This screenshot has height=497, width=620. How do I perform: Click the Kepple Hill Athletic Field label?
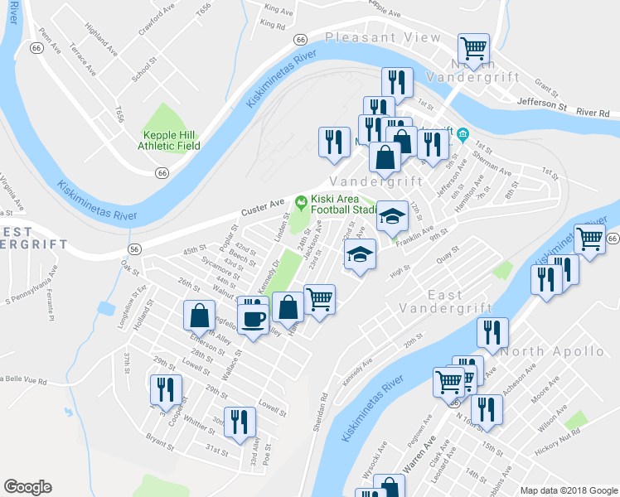coord(171,140)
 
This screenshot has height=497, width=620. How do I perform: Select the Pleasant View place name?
coord(383,37)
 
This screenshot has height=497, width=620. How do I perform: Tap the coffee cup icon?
coord(254,318)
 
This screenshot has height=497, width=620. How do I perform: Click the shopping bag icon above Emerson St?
coord(200,315)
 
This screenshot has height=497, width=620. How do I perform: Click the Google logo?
coord(27,487)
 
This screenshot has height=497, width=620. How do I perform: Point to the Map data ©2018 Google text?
coord(568,490)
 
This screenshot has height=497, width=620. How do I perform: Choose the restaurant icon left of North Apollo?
coord(492,333)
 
